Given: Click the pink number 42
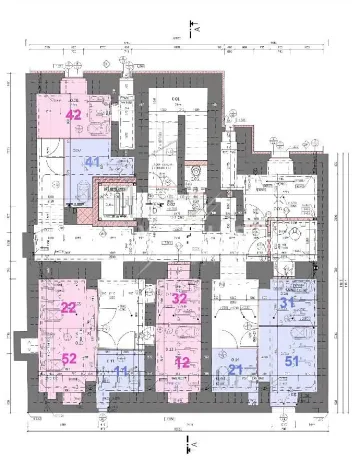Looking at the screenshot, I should coord(73,115).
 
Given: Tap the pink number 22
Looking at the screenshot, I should coord(68,307).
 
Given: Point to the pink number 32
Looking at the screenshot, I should coord(180,298).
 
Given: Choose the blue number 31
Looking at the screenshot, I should coord(288,302).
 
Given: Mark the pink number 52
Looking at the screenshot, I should coord(68,358).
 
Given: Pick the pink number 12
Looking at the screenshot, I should coord(182,363).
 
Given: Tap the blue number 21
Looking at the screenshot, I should coord(236,370).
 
